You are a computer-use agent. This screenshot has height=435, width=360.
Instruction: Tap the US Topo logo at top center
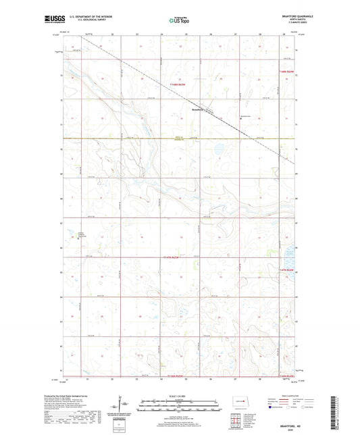pos(180,21)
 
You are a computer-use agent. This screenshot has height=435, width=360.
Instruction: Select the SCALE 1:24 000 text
pos(179,396)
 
